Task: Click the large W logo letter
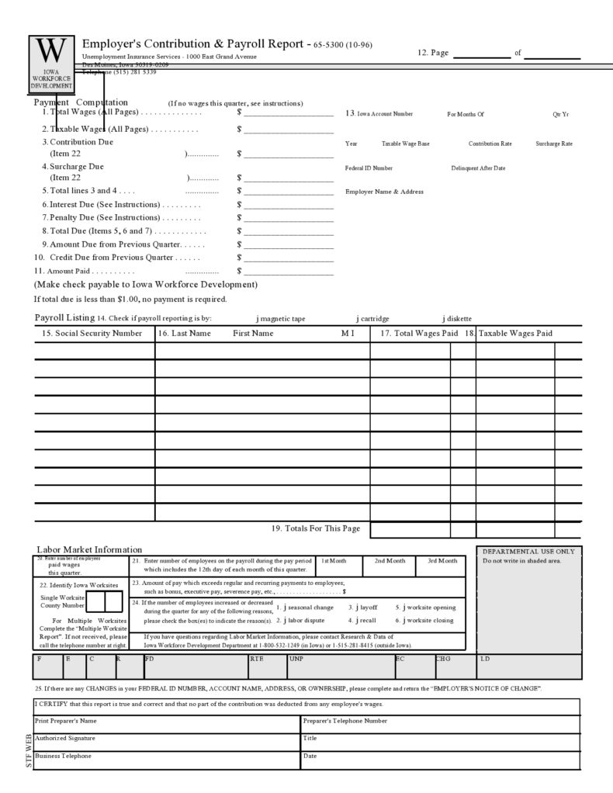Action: pos(52,51)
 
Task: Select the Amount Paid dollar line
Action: pos(289,272)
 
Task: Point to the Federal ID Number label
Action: pos(369,168)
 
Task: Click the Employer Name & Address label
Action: pos(384,192)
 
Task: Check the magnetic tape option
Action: pos(258,318)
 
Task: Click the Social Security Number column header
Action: pos(92,334)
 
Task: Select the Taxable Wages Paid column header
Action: pos(515,334)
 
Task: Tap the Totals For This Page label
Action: pos(316,529)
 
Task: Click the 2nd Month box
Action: pos(390,560)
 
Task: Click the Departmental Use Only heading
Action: pos(528,551)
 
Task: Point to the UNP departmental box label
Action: pos(296,660)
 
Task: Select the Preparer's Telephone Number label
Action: pos(345,721)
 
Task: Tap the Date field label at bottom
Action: pos(310,756)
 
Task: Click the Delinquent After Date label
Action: pos(478,168)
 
